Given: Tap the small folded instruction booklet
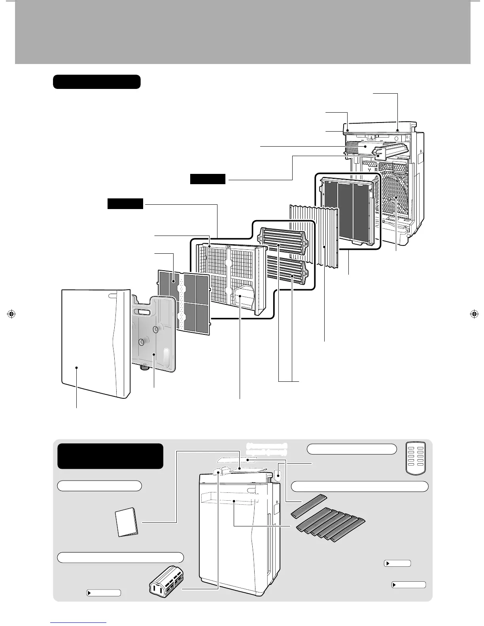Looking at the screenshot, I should (x=127, y=522).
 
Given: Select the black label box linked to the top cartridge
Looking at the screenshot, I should (x=208, y=179).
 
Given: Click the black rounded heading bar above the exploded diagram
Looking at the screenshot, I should (x=97, y=82).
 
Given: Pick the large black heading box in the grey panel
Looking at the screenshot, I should (x=110, y=456).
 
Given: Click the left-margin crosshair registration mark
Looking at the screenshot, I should (x=11, y=314).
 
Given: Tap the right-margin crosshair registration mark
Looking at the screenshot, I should (x=473, y=314).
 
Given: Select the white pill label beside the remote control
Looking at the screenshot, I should (x=352, y=449).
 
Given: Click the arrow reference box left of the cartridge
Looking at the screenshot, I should (x=104, y=593).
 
